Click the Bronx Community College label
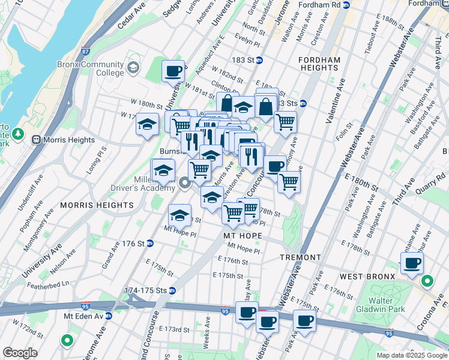[x=91, y=69]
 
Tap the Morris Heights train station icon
[x=36, y=140]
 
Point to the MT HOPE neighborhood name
[x=241, y=236]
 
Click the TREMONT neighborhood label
[x=300, y=257]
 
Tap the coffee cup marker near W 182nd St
[x=173, y=71]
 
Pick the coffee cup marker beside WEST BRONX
[x=412, y=263]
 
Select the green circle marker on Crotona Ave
[x=427, y=281]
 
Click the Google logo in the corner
[x=20, y=353]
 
